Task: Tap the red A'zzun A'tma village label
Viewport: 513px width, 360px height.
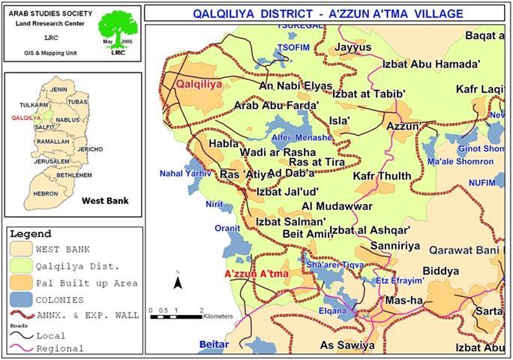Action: (256, 274)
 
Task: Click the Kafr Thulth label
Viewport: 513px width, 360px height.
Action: (382, 176)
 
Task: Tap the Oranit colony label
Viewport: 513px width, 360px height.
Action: (226, 229)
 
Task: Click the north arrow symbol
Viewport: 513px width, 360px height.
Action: (178, 280)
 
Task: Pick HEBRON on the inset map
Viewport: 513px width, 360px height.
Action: (44, 193)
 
